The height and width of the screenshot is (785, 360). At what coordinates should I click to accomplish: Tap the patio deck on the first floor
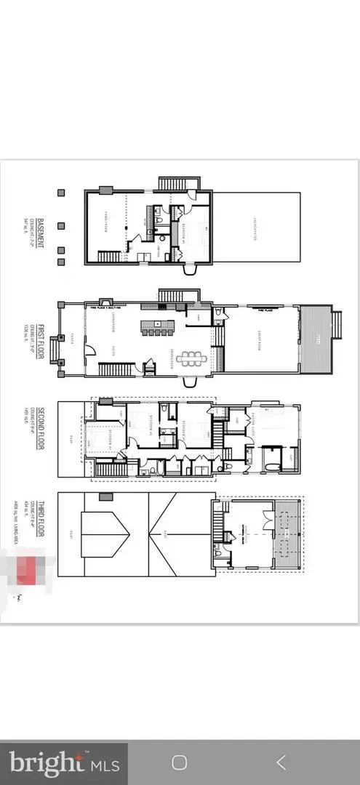click(315, 338)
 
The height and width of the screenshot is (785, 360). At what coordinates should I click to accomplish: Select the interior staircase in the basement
click(109, 257)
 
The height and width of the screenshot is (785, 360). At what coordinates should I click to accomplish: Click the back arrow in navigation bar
click(281, 762)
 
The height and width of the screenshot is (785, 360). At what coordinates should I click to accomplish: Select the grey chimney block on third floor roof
click(106, 496)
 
